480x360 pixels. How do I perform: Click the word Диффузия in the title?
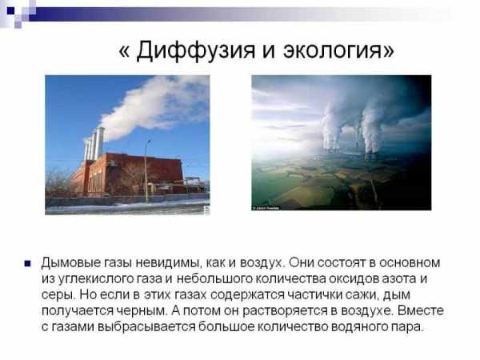(196, 50)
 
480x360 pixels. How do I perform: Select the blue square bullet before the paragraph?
(28, 263)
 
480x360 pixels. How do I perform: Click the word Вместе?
(421, 310)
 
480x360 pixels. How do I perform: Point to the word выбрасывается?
(146, 327)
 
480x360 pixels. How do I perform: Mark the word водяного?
(359, 327)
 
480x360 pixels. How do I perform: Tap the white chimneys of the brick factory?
(94, 145)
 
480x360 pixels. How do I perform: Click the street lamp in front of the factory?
(147, 171)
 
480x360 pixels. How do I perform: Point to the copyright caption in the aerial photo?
(266, 208)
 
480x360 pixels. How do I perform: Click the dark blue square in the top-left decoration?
(10, 10)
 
